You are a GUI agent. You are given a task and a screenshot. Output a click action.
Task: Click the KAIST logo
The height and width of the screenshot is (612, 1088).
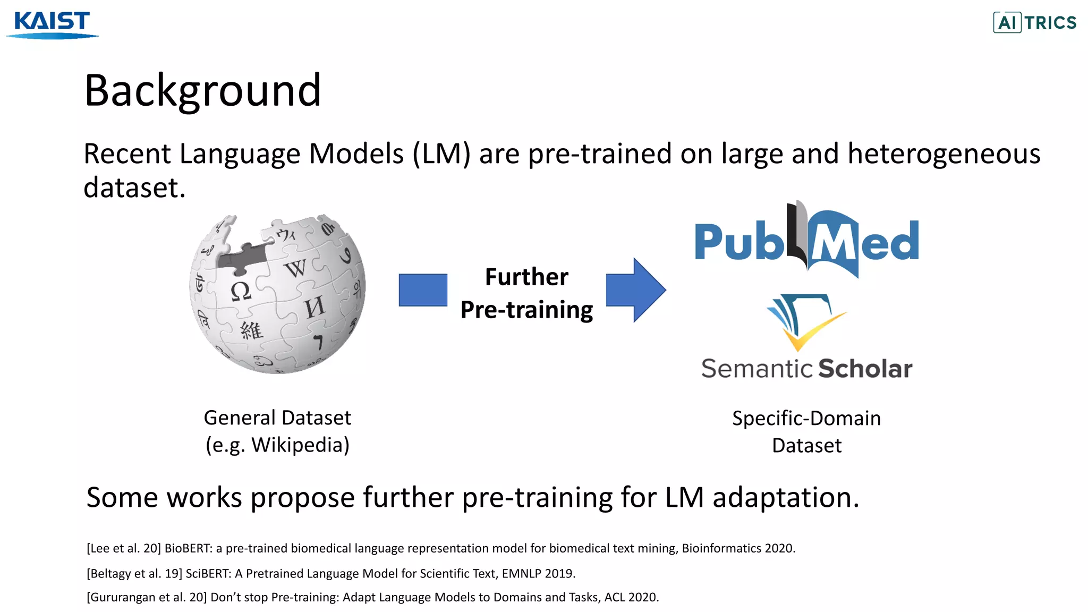click(x=52, y=24)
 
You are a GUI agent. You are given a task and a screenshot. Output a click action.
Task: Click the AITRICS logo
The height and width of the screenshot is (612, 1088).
click(x=1034, y=22)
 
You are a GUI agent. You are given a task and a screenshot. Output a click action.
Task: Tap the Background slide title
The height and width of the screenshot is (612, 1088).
click(x=202, y=90)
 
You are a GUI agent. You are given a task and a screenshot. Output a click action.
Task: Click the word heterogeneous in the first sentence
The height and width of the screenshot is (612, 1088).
click(x=943, y=154)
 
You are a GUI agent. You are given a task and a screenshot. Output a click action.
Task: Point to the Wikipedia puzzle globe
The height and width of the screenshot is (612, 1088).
click(x=277, y=294)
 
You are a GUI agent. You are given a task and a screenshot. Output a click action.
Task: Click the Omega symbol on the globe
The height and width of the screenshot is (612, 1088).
click(x=240, y=291)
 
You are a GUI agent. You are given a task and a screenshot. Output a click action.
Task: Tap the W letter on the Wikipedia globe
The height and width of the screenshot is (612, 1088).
click(x=295, y=268)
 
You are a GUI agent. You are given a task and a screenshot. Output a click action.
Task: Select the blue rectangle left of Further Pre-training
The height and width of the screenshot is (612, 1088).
click(x=423, y=290)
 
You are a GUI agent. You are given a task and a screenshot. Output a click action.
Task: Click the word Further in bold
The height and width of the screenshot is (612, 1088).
click(x=526, y=277)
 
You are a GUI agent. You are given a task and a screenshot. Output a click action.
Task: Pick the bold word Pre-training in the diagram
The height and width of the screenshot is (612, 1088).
click(x=526, y=310)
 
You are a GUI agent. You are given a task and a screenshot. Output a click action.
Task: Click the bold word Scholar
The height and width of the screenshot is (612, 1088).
click(x=865, y=369)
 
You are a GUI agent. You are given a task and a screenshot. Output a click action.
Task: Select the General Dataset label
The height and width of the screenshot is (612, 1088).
click(x=277, y=418)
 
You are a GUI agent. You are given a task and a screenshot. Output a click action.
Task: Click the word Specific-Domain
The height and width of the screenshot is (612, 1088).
click(x=806, y=419)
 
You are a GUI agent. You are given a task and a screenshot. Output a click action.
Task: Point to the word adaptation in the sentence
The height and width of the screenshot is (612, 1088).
click(x=785, y=498)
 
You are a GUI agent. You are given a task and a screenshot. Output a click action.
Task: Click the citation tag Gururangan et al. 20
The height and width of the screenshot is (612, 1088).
click(x=147, y=597)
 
